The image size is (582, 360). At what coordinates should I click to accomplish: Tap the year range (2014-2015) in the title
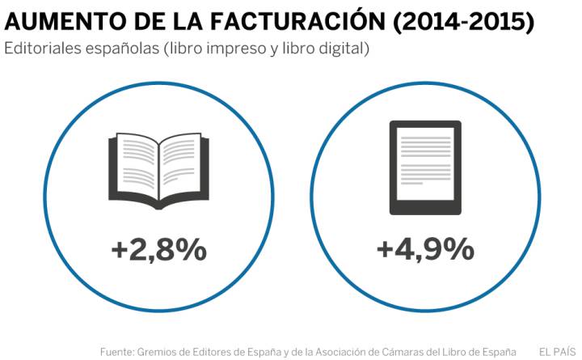463,20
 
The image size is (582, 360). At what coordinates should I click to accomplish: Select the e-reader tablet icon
425,167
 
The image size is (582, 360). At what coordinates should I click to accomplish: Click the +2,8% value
158,250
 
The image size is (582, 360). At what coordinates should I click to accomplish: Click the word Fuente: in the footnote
118,352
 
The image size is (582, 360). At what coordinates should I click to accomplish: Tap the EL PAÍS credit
557,352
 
